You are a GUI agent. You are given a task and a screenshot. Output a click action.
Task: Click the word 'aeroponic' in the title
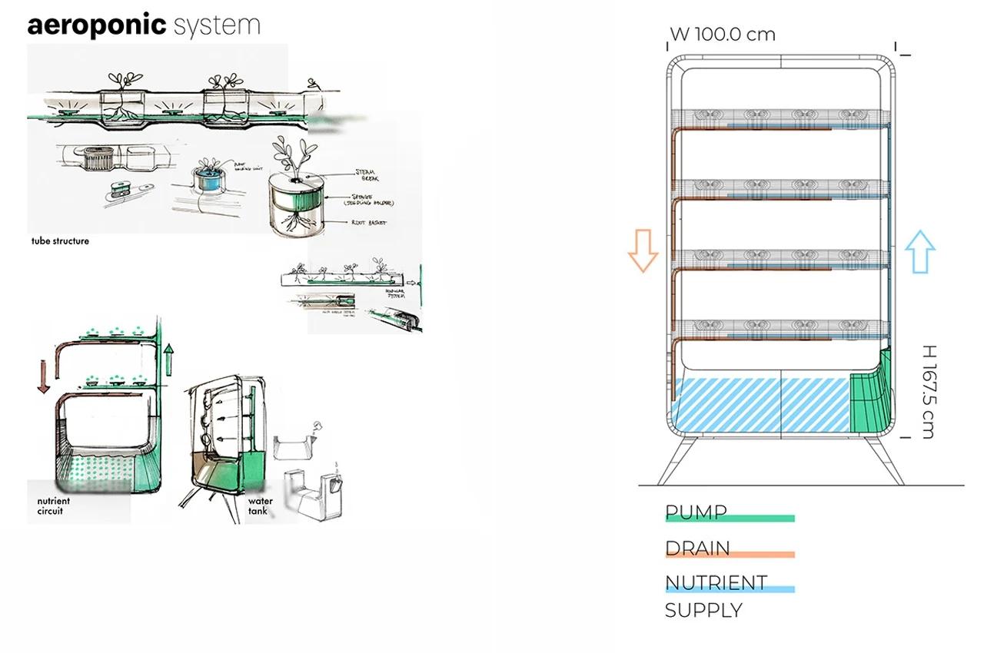coord(97,25)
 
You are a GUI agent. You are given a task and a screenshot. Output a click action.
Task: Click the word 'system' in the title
coord(218,26)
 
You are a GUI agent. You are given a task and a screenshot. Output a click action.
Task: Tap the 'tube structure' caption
coord(60,241)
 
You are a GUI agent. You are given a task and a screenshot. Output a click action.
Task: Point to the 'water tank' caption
coord(260,505)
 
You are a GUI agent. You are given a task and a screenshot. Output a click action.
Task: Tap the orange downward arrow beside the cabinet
coord(643,252)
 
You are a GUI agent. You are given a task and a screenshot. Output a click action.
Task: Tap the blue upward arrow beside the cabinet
coord(919,252)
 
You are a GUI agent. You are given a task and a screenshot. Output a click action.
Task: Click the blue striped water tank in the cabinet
coord(761,405)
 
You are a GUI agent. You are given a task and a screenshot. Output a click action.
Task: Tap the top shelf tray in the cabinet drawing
coord(780,119)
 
